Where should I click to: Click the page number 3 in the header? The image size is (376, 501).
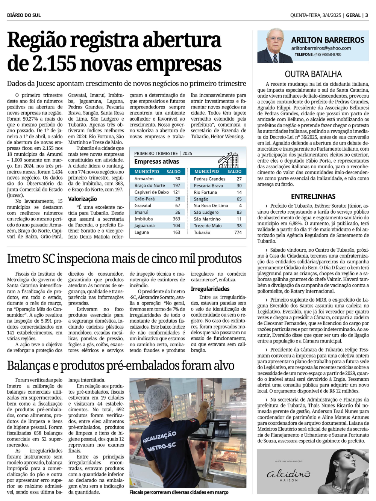coord(367,15)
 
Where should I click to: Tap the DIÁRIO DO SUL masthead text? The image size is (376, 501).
coord(24,15)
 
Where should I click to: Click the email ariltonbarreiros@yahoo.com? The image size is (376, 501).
coord(321,48)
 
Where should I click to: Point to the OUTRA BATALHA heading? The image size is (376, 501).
coord(313,74)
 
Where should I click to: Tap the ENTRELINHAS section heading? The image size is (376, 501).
coord(313,196)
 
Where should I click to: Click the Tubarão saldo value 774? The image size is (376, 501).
coord(238,232)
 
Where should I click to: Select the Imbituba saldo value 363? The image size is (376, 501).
coord(176,219)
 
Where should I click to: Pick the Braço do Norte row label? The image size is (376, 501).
coord(150,186)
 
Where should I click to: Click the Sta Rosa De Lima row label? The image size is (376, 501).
coord(211,206)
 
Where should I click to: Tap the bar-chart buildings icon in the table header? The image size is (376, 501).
coord(229,160)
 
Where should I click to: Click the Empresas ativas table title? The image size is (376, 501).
coord(156,162)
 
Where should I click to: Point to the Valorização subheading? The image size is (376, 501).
coord(82,199)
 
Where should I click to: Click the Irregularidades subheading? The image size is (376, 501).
coord(210,289)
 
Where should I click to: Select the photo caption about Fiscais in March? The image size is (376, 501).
coord(179,492)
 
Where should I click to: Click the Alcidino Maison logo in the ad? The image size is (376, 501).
coord(288,474)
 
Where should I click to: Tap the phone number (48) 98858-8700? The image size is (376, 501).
coord(328,54)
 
